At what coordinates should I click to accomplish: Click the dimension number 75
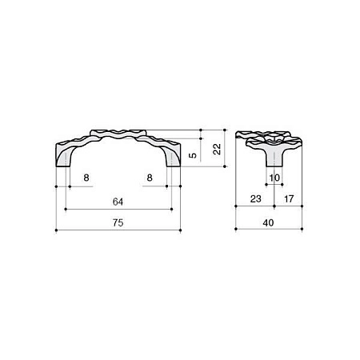point(118,222)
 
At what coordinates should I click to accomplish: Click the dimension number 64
point(118,202)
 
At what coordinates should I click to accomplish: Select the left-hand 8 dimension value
point(86,178)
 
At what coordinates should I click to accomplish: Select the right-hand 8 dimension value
point(150,178)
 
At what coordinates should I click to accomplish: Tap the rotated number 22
point(218,149)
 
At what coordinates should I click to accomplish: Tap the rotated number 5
point(193,155)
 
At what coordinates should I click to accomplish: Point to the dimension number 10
point(274,178)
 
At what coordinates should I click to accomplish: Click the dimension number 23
point(256,198)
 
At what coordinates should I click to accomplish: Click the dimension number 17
point(289,198)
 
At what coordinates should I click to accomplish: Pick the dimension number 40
point(268,222)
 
